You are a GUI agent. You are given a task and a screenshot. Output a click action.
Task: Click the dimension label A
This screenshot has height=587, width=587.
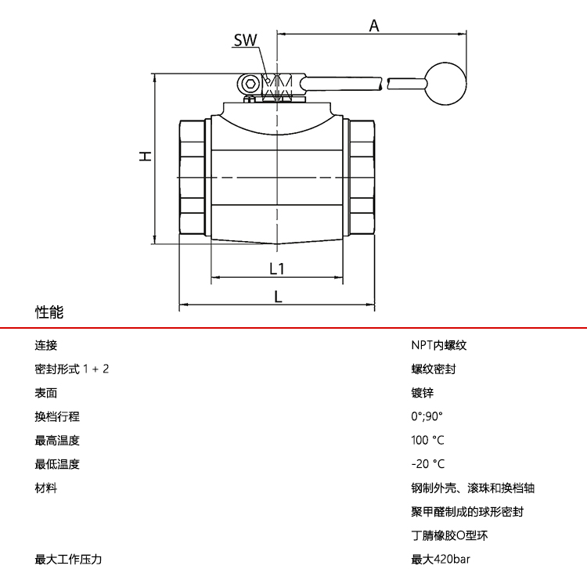[x=374, y=25]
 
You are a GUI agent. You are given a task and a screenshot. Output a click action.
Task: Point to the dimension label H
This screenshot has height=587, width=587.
[x=145, y=157]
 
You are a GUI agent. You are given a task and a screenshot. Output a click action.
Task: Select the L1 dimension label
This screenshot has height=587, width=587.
[x=276, y=268]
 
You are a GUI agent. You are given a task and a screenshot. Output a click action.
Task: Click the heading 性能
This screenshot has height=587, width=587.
[x=49, y=312]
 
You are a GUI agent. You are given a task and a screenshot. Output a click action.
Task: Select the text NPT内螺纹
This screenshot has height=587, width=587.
[x=438, y=345]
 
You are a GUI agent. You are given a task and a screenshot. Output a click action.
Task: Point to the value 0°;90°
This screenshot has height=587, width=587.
[x=427, y=416]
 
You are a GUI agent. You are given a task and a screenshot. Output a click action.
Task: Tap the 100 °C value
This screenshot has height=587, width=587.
[x=427, y=440]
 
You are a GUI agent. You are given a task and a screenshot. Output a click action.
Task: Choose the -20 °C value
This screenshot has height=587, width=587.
[x=427, y=464]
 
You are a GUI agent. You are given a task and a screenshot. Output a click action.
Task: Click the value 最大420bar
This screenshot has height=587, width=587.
[x=441, y=560]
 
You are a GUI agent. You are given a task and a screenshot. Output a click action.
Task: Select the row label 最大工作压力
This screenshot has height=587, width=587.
[x=69, y=560]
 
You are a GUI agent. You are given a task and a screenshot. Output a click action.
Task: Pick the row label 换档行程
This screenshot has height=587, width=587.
[x=57, y=416]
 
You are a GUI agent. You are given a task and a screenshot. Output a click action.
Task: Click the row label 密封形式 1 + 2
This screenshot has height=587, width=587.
[x=72, y=369]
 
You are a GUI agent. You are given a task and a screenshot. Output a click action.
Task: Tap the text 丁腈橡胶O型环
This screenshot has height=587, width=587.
[x=449, y=536]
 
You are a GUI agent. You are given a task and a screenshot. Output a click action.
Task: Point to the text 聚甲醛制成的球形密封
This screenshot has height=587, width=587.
[x=467, y=512]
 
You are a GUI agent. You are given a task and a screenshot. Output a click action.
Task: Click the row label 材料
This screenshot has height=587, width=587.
[x=46, y=488]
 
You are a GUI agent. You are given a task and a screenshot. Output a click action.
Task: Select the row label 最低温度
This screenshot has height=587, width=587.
[x=57, y=464]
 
